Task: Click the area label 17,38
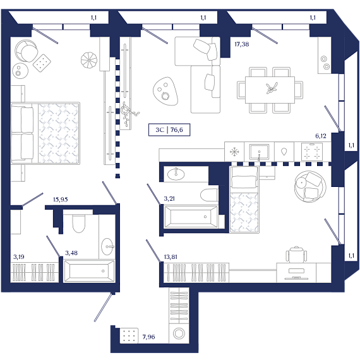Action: pyautogui.click(x=241, y=44)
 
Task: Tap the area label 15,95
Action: pyautogui.click(x=61, y=200)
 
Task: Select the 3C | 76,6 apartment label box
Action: pyautogui.click(x=169, y=130)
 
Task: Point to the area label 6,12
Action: pyautogui.click(x=321, y=136)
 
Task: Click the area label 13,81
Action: pyautogui.click(x=171, y=257)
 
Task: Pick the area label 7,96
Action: pyautogui.click(x=148, y=337)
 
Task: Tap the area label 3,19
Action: pyautogui.click(x=19, y=256)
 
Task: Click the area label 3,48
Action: pyautogui.click(x=71, y=253)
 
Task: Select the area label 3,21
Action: pyautogui.click(x=169, y=199)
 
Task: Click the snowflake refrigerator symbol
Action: pyautogui.click(x=234, y=152)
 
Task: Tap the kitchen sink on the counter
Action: pyautogui.click(x=259, y=152)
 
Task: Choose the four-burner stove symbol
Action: pyautogui.click(x=312, y=152)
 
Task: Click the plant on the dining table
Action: pyautogui.click(x=272, y=88)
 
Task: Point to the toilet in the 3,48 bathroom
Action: pyautogui.click(x=79, y=223)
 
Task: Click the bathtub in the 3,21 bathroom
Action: pyautogui.click(x=191, y=217)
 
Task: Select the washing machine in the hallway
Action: pyautogui.click(x=179, y=333)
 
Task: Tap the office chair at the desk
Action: pyautogui.click(x=296, y=255)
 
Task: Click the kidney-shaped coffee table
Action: pyautogui.click(x=165, y=92)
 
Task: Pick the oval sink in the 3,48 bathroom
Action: pyautogui.click(x=107, y=246)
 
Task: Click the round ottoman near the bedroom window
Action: pyautogui.click(x=89, y=60)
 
